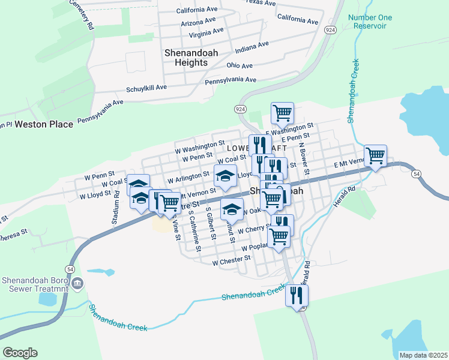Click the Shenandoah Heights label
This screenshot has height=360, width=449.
click(x=191, y=57)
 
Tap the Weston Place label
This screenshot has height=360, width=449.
click(x=44, y=124)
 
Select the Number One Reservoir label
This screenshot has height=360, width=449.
click(x=370, y=22)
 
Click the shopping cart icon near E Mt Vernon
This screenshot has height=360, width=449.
click(x=375, y=156)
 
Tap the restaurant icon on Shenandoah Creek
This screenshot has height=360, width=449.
click(x=297, y=295)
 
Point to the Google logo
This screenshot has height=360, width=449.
click(x=20, y=353)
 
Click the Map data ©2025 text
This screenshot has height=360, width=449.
click(x=423, y=355)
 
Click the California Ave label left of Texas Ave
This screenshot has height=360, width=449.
click(x=196, y=11)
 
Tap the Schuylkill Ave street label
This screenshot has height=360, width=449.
click(x=146, y=88)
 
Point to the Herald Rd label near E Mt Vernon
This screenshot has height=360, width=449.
click(x=346, y=198)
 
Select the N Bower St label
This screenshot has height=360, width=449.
click(x=305, y=158)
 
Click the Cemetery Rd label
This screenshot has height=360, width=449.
click(x=83, y=15)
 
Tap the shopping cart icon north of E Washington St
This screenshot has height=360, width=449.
click(x=282, y=112)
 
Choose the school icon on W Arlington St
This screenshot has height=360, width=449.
click(x=225, y=176)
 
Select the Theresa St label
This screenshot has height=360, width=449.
click(x=13, y=232)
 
